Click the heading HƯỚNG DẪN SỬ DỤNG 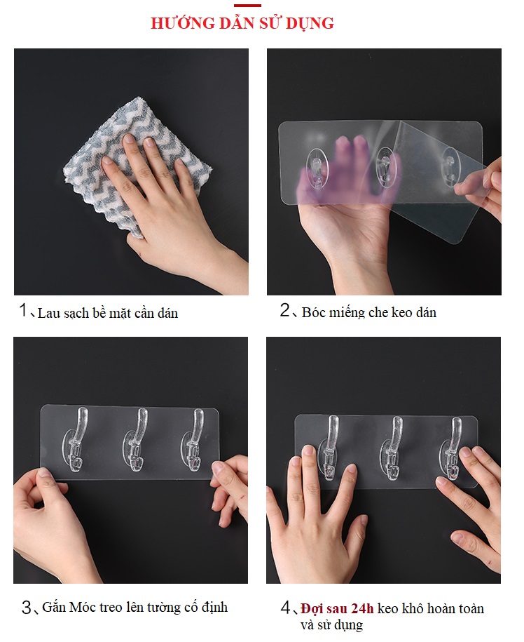tap(242, 23)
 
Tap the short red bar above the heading tap(248, 6)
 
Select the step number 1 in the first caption tap(23, 310)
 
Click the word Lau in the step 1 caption tap(47, 313)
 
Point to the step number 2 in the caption tap(285, 310)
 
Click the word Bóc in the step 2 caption tap(312, 312)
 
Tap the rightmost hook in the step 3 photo tap(193, 439)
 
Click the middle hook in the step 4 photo tap(392, 448)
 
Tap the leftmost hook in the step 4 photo tap(329, 448)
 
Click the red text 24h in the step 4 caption tap(362, 609)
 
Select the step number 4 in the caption tap(285, 608)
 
